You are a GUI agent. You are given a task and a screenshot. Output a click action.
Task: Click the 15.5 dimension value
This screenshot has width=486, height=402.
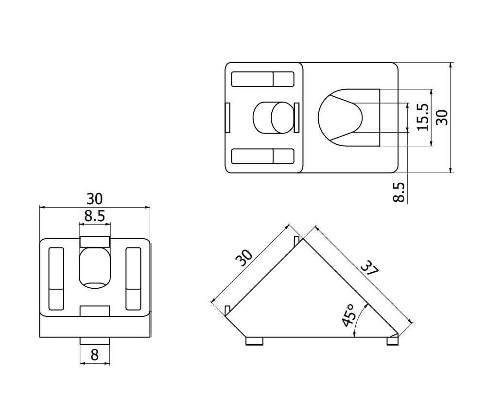coord(422,117)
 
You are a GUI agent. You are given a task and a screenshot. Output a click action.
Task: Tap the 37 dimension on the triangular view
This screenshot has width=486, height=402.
coord(370,269)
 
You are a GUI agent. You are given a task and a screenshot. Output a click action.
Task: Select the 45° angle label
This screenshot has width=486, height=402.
coord(349,315)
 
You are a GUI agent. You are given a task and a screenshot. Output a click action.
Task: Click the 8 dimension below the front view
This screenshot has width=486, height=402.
coord(94,355)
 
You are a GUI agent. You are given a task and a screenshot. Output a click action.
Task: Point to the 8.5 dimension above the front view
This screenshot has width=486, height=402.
coord(94,216)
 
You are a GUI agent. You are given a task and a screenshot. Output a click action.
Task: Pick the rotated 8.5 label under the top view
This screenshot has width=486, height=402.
coord(399,192)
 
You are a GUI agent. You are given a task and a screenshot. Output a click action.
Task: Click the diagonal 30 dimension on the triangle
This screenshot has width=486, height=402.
coord(244,258)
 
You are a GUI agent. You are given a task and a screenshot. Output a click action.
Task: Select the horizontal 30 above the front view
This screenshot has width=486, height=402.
coord(95,199)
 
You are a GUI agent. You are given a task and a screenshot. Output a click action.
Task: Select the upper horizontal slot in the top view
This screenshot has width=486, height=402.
coord(262,79)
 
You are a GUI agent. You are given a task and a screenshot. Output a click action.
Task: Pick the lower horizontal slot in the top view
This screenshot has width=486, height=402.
coord(262,156)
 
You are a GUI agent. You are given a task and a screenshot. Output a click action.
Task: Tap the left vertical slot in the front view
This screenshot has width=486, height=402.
coord(56,279)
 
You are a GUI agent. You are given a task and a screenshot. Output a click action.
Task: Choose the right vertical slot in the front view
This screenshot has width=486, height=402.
coord(133,279)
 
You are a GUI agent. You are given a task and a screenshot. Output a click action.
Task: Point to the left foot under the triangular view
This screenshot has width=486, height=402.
coord(255,341)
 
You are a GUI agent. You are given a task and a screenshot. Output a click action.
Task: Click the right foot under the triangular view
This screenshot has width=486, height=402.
coord(392,341)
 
